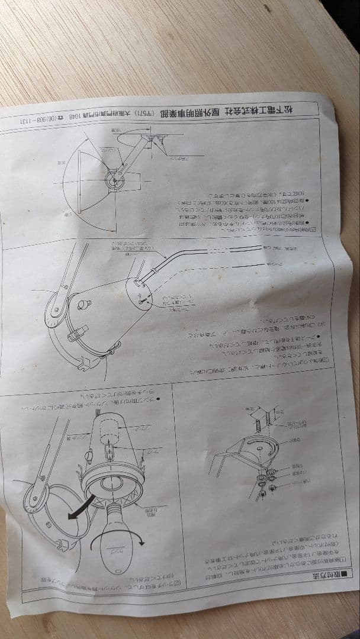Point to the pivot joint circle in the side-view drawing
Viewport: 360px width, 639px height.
click(x=113, y=180)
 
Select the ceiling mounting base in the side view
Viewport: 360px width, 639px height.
click(x=155, y=138)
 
